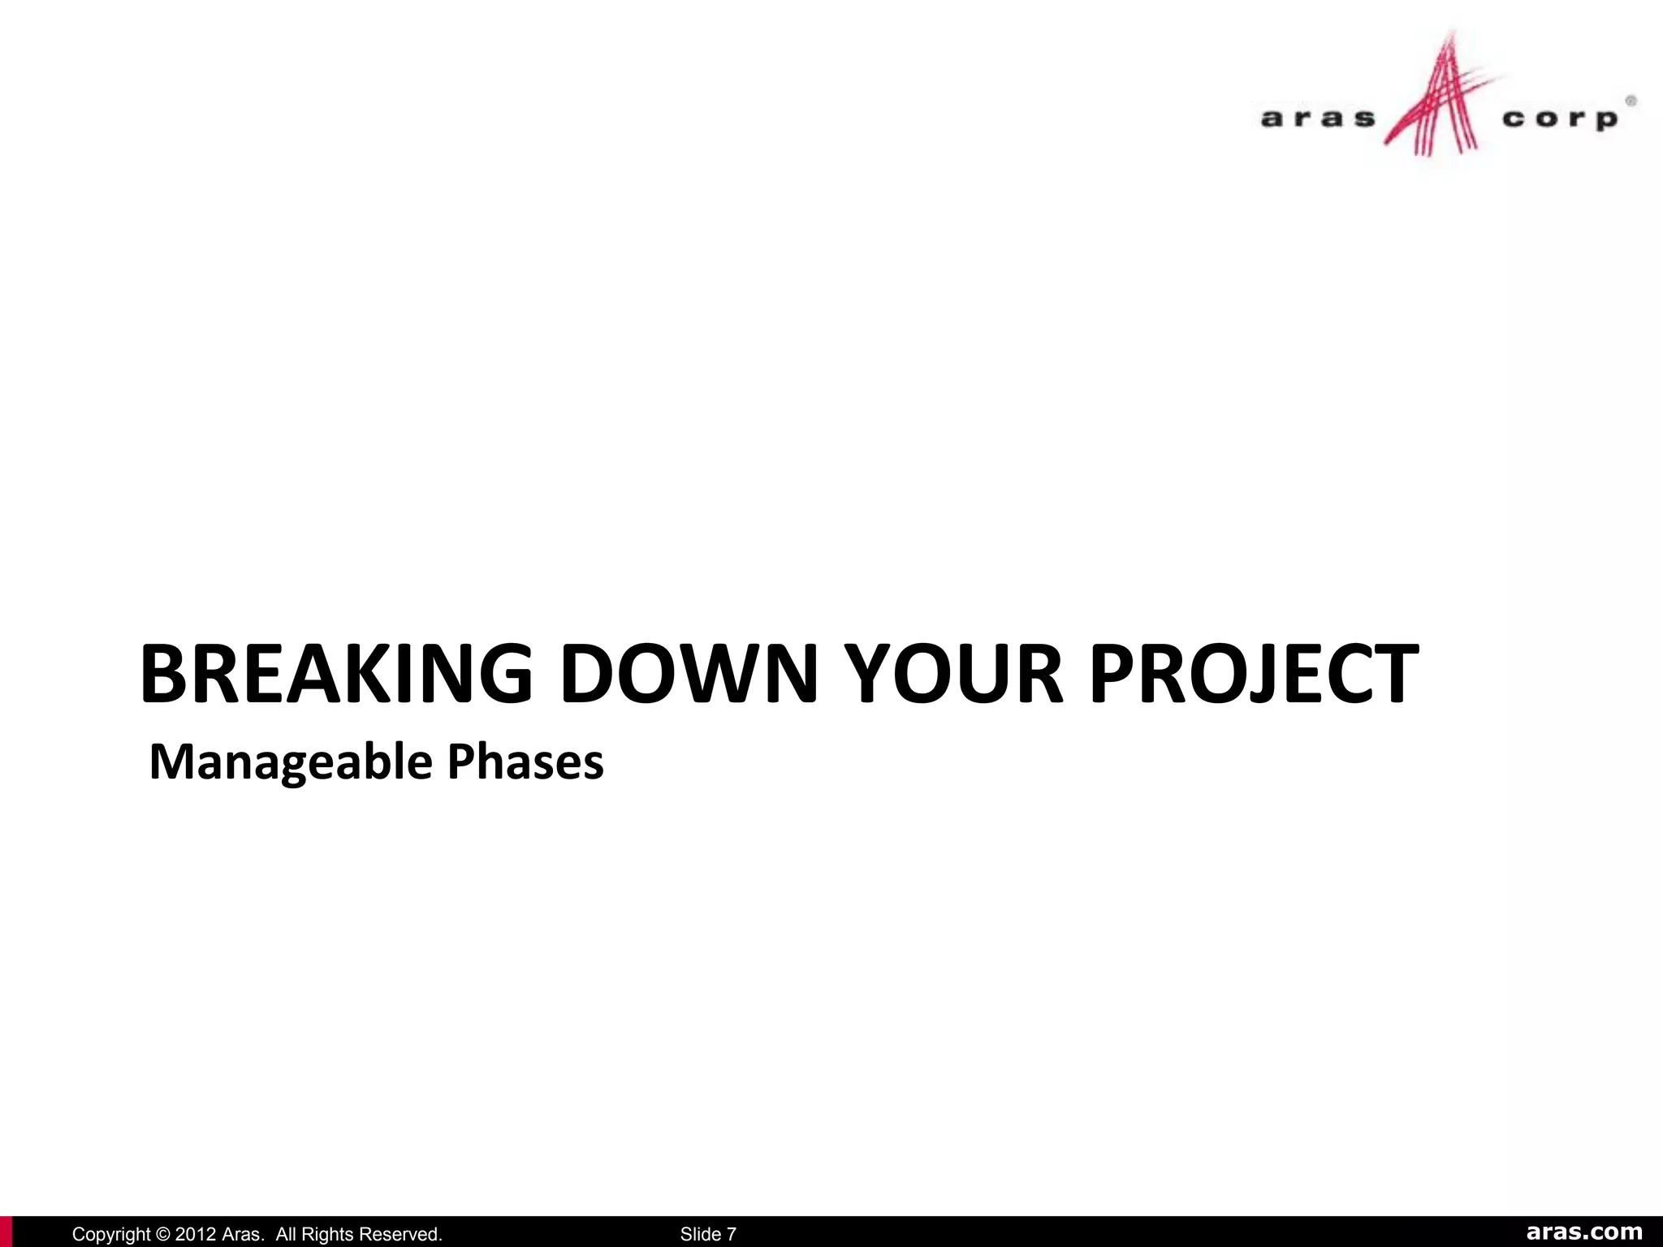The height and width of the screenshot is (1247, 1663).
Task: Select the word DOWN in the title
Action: coord(689,673)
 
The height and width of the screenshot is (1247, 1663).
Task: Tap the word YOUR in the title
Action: coord(953,673)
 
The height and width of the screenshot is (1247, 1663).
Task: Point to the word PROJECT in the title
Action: coord(1254,673)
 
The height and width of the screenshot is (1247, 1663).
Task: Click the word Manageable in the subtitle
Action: coord(291,762)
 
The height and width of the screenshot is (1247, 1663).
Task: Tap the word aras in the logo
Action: coord(1317,119)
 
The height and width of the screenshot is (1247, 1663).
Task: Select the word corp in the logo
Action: coord(1559,119)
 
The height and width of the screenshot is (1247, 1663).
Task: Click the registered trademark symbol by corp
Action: coord(1630,101)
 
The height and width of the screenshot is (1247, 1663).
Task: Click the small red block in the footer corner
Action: coord(6,1232)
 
